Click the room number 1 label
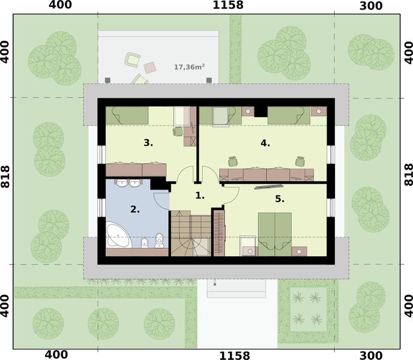(200, 196)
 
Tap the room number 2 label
(135, 209)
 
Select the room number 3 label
(148, 143)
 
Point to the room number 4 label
(265, 143)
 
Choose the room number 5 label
(280, 199)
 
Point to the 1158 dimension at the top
(228, 6)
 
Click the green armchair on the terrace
(133, 59)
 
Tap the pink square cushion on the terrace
(148, 67)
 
